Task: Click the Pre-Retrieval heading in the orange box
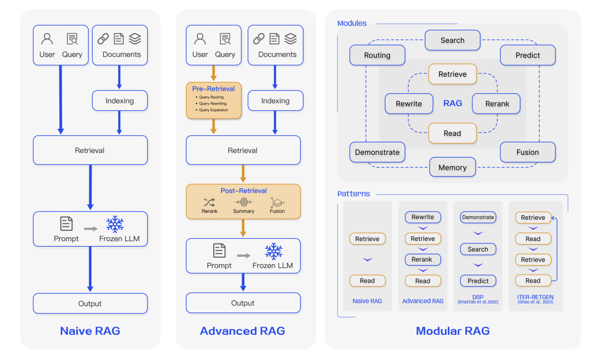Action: pos(213,89)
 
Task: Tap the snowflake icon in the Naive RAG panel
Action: pos(115,224)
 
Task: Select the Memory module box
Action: pos(452,168)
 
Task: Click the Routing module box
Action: pos(377,55)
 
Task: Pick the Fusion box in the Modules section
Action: pos(527,153)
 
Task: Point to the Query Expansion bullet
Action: pos(213,110)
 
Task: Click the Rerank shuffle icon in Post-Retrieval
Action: pos(210,202)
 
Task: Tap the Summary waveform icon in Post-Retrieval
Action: pos(243,202)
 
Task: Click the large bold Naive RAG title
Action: pos(90,331)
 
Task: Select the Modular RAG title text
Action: pos(453,331)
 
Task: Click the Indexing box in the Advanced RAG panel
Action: pos(275,101)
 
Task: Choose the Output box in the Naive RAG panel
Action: pos(90,304)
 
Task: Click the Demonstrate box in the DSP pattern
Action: pos(478,217)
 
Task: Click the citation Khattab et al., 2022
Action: pos(478,302)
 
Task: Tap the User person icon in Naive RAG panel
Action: pos(47,39)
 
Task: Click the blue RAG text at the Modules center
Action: pos(453,103)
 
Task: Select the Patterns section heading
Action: pos(353,194)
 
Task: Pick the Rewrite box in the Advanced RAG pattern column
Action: pos(422,217)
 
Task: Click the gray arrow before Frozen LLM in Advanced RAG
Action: pos(243,256)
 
